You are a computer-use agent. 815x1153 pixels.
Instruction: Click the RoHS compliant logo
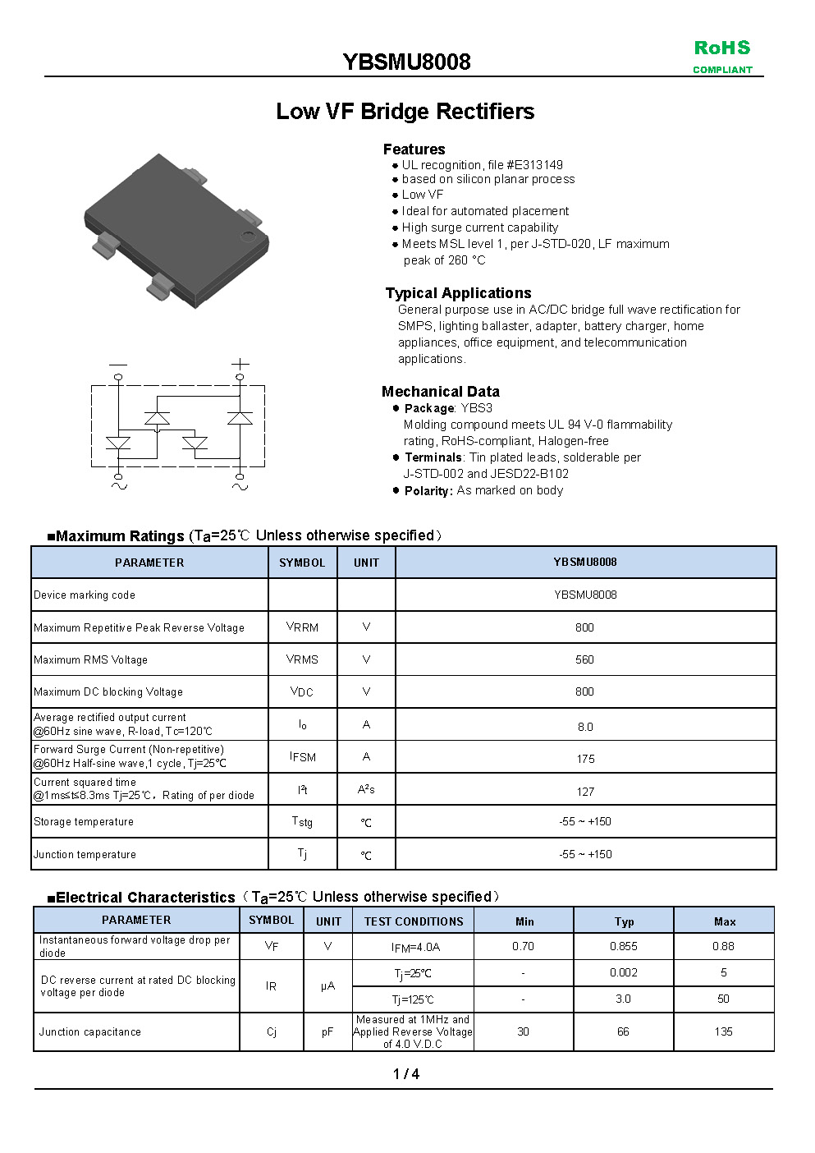point(721,57)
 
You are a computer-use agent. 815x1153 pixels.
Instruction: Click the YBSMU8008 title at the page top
point(406,62)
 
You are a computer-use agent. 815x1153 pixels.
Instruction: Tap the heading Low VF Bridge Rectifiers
point(405,112)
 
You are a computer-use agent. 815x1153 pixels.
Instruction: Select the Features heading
point(414,149)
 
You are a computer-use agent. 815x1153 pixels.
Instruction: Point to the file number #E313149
point(534,165)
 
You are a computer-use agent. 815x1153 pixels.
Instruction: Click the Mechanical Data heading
point(440,392)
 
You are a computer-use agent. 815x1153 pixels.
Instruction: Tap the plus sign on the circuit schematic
point(240,363)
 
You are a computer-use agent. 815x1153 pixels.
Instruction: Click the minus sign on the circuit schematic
point(118,364)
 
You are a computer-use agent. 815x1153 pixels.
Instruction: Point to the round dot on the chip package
point(248,237)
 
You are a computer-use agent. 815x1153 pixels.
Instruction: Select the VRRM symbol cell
point(302,627)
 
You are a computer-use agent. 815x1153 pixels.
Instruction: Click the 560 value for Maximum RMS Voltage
point(584,659)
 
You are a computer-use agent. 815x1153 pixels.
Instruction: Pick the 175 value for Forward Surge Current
point(585,759)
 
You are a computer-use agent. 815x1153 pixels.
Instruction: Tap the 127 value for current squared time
point(585,792)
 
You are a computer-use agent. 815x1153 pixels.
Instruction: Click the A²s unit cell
point(366,789)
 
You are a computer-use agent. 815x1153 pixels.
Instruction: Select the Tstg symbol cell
point(302,821)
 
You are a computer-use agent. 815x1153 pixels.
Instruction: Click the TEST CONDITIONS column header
point(414,921)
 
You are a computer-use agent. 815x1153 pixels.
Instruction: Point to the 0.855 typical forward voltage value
point(624,946)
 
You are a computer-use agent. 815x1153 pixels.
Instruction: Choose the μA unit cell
point(327,985)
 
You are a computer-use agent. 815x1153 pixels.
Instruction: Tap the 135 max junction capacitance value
point(723,1031)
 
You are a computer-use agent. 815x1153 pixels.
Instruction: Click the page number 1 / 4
point(406,1074)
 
